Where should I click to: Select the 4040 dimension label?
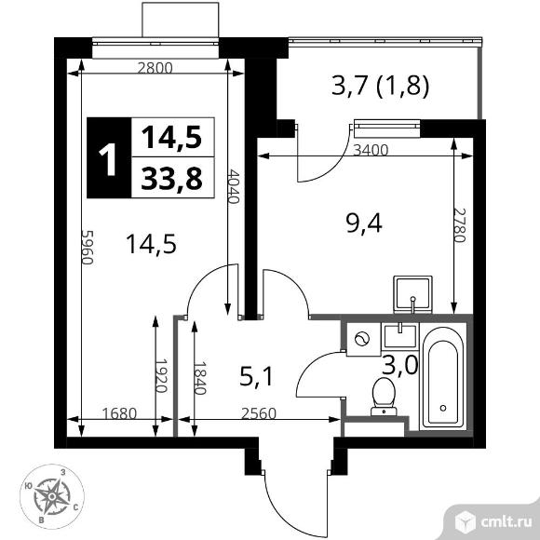(x=233, y=190)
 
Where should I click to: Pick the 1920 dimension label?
(x=159, y=376)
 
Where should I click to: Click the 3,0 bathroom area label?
(x=398, y=364)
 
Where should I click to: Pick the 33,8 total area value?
(x=171, y=179)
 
